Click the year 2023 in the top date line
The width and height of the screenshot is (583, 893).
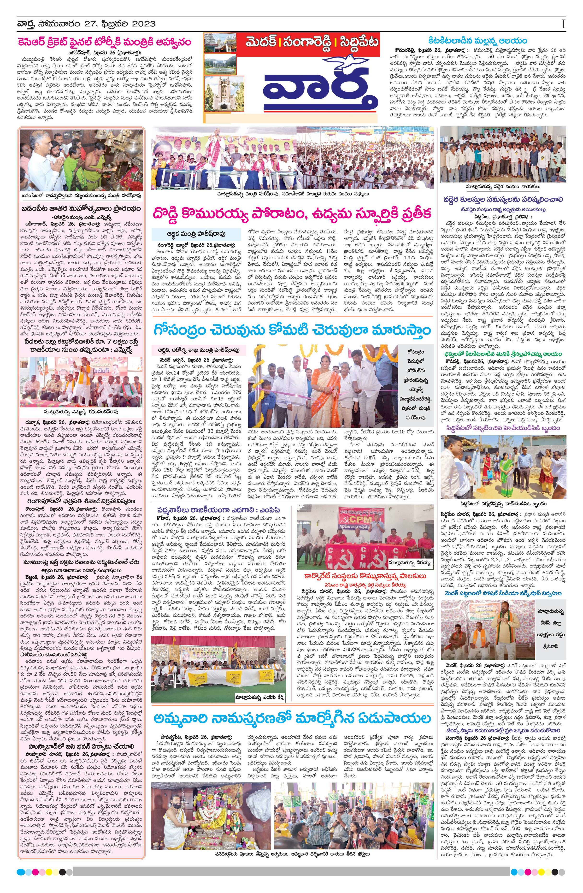[x=144, y=24]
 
